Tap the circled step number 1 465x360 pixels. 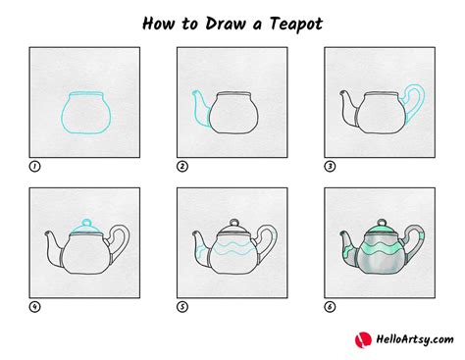click(34, 166)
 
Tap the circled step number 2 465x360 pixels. click(181, 166)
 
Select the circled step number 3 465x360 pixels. click(329, 166)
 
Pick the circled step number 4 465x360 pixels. click(34, 306)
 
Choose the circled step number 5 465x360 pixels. click(181, 306)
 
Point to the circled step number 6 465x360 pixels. click(329, 306)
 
